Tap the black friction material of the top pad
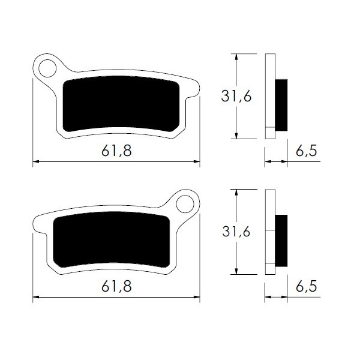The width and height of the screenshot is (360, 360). tap(121, 104)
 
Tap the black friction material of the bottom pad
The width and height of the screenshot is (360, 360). tap(112, 239)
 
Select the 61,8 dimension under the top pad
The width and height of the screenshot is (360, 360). tap(116, 151)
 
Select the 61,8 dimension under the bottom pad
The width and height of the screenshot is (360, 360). tap(116, 287)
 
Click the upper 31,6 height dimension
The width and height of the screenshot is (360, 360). tap(236, 96)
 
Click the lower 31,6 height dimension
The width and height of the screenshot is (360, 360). tap(236, 232)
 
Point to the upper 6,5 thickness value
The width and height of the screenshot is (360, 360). tap(306, 151)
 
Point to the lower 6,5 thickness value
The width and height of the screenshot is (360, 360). tap(306, 286)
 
